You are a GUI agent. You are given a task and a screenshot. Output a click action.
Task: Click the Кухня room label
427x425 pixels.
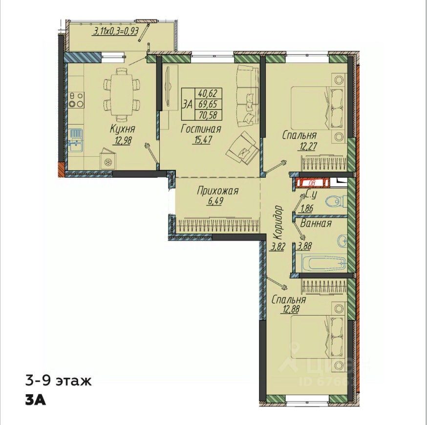tap(123, 129)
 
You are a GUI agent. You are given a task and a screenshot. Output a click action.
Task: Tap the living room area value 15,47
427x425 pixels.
tap(202, 140)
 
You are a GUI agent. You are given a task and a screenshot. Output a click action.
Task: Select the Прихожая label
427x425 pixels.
tap(217, 191)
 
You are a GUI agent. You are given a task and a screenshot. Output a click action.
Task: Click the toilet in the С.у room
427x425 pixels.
tap(336, 202)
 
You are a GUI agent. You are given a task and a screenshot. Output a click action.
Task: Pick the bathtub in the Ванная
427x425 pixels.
tap(321, 263)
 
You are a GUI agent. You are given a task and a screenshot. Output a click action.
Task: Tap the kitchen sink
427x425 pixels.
tap(76, 140)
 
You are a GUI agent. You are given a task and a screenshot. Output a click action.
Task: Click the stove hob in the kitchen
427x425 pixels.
tap(77, 100)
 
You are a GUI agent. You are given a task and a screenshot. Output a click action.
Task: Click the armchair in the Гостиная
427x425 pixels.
tap(243, 149)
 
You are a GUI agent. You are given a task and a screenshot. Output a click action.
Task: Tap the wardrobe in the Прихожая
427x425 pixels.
tap(217, 225)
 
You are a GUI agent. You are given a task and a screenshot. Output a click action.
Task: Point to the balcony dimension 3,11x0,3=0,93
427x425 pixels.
tap(116, 31)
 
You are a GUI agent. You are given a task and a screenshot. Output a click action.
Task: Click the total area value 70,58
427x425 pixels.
tap(208, 115)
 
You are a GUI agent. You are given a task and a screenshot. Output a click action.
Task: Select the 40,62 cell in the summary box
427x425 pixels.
tap(208, 94)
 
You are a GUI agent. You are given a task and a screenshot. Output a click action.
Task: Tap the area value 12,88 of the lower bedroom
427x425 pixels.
tap(289, 309)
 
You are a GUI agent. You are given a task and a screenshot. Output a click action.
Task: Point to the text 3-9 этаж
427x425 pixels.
tap(59, 381)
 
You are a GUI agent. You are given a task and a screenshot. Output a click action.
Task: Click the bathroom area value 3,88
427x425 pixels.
tap(305, 246)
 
